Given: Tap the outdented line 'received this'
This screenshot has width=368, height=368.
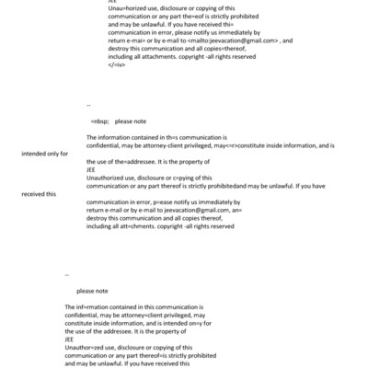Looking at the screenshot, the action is [39, 194].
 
